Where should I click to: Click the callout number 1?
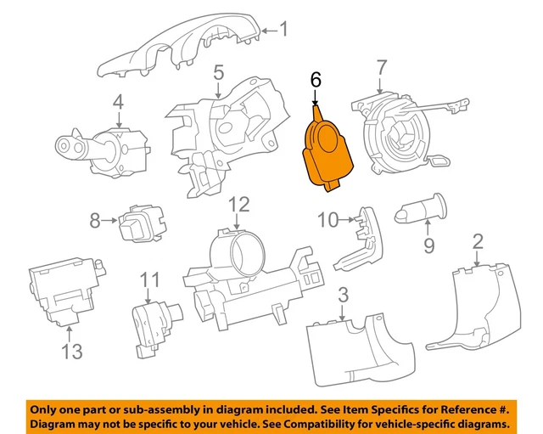283,31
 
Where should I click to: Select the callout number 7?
381,67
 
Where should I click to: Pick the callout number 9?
428,245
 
